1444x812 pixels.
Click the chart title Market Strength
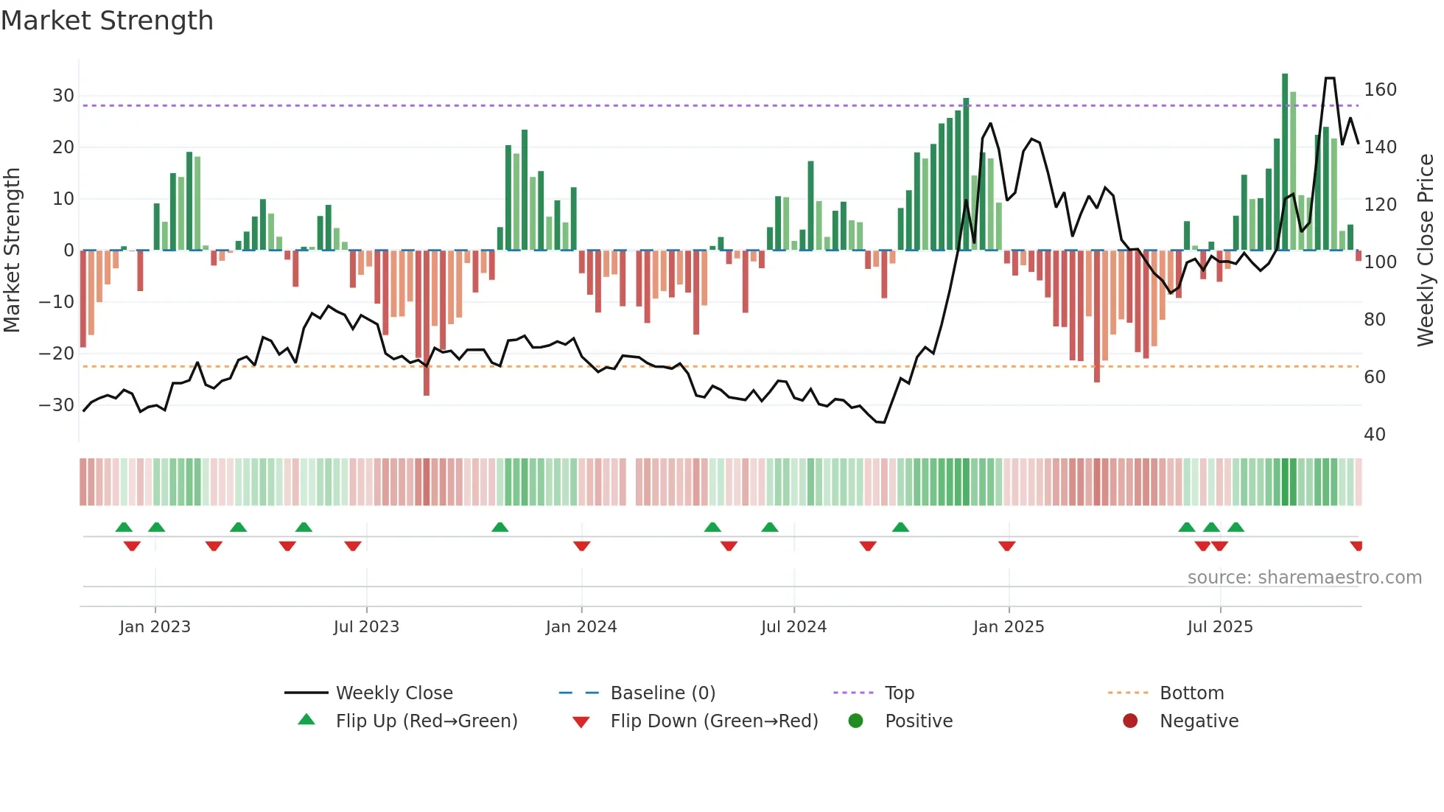click(x=107, y=21)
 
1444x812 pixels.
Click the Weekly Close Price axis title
click(x=1426, y=251)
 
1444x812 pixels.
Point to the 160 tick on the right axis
click(x=1380, y=90)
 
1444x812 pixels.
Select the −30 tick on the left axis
click(x=57, y=405)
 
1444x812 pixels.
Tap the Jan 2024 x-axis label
click(x=581, y=627)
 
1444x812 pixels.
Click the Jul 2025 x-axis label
click(x=1220, y=627)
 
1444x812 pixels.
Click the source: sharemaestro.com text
click(x=1304, y=578)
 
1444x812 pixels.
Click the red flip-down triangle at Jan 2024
click(x=581, y=545)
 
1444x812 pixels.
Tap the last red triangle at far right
click(x=1356, y=545)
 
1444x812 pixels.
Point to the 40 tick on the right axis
click(x=1374, y=435)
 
